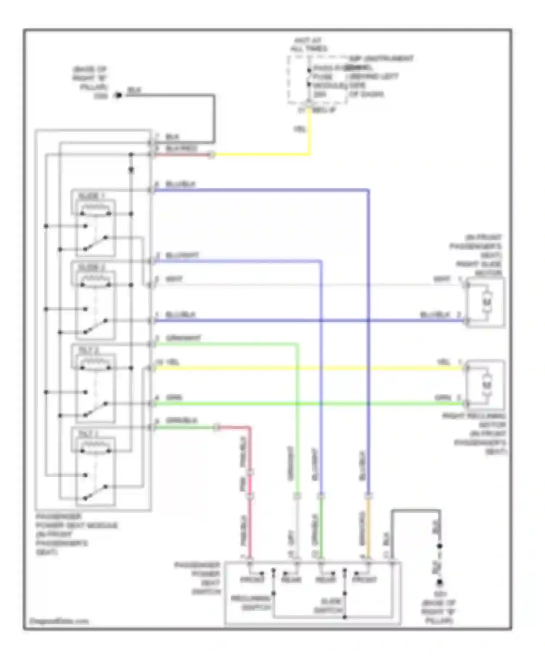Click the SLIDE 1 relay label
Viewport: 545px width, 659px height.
[x=91, y=197]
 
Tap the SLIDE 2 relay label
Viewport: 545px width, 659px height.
[x=91, y=268]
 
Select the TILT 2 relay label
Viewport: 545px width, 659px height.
[x=89, y=351]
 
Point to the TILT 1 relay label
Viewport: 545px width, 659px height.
[x=89, y=434]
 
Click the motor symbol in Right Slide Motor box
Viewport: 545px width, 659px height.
[x=487, y=302]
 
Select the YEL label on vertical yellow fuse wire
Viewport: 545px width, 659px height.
[x=300, y=129]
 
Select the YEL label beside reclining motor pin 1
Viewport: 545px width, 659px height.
[x=444, y=362]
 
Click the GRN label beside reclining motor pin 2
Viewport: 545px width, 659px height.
[x=443, y=397]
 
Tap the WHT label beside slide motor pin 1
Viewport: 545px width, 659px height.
[x=442, y=279]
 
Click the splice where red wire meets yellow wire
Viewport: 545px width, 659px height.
[x=212, y=155]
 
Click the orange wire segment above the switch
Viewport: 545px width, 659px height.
[x=368, y=527]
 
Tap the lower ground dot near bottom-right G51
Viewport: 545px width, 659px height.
[x=440, y=582]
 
